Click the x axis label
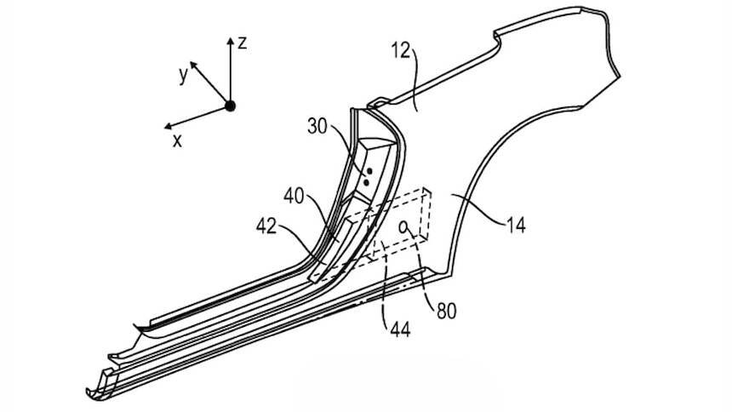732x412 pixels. pos(177,141)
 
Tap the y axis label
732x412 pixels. pos(183,75)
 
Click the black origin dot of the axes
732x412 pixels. pos(230,106)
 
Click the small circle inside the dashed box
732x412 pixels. pos(404,226)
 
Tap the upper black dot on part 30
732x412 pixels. pos(370,171)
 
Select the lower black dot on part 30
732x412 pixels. pos(367,182)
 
